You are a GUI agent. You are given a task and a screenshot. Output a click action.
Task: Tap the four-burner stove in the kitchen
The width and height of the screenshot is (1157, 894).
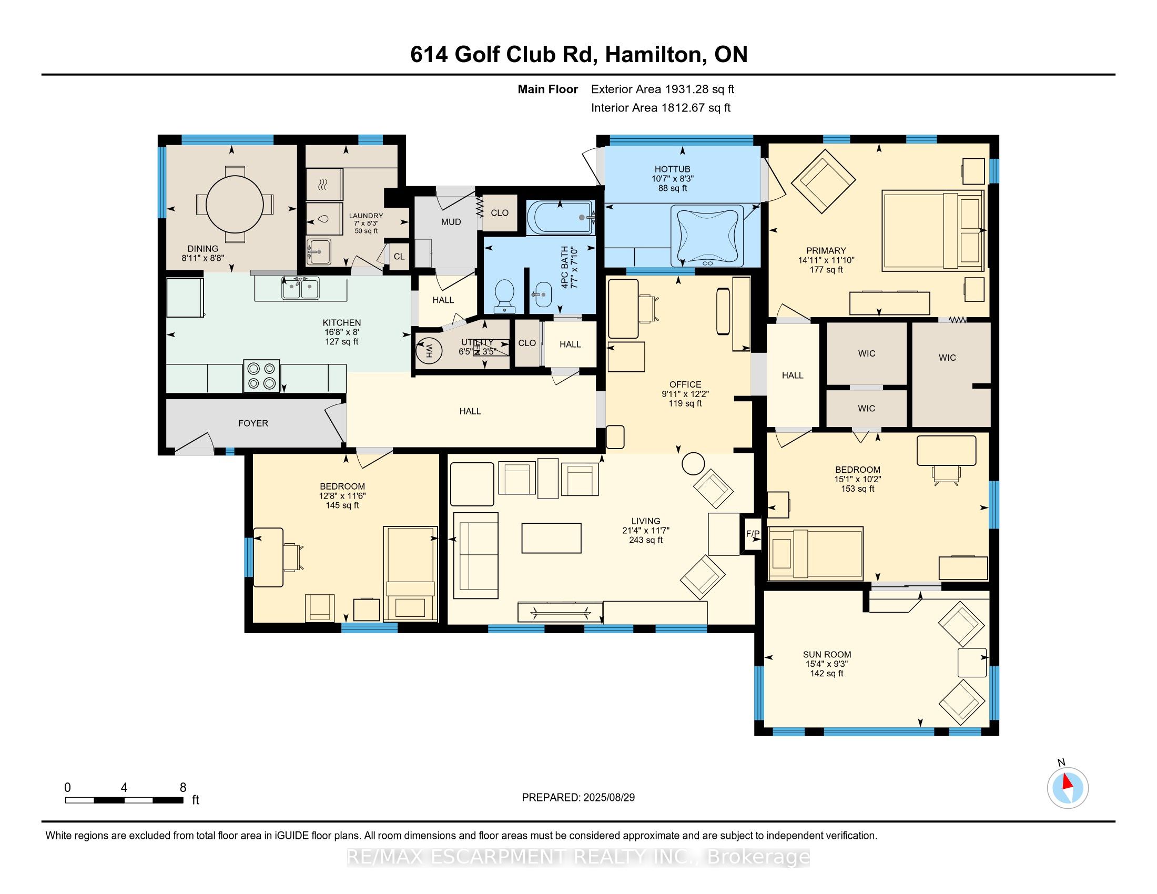[x=262, y=376]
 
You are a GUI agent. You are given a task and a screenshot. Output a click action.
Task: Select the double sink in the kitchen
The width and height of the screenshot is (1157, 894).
[x=300, y=289]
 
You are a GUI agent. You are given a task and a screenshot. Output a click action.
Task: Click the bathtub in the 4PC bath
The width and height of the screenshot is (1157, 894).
[x=562, y=218]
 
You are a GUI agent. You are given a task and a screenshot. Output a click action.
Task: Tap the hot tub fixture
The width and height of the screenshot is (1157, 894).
[x=707, y=236]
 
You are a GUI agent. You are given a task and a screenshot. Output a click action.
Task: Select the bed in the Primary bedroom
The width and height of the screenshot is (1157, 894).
[x=932, y=231]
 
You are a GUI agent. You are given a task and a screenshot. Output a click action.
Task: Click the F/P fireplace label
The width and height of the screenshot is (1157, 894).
[x=753, y=534]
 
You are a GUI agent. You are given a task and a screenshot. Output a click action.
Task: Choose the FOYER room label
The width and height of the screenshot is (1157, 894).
[x=253, y=423]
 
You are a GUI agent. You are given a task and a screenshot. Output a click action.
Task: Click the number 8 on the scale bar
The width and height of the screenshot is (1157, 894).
[x=183, y=788]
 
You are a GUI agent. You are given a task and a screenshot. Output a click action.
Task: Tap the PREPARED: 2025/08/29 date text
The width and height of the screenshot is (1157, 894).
[x=578, y=798]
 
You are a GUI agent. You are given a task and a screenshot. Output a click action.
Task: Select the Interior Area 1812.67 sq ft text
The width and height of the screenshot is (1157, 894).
[x=661, y=108]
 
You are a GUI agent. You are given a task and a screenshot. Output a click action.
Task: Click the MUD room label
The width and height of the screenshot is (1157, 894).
[x=451, y=222]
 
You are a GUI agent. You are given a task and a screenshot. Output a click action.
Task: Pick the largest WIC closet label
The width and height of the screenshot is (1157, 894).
[x=947, y=358]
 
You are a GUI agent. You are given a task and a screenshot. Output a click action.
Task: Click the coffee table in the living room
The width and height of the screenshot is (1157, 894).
[x=551, y=538]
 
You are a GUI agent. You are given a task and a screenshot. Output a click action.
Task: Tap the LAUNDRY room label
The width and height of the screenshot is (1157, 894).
[x=366, y=216]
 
